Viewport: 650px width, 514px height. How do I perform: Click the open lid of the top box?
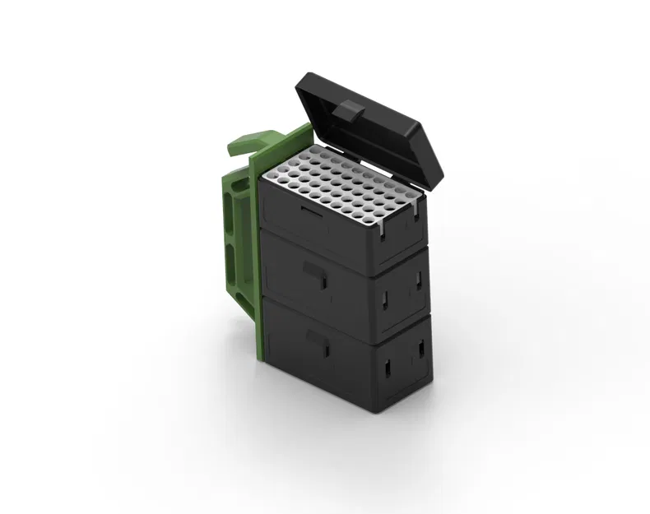pyautogui.click(x=370, y=123)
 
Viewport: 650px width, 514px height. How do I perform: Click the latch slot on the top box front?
pyautogui.click(x=310, y=212)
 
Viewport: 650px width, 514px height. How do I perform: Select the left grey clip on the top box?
pyautogui.click(x=383, y=233)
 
